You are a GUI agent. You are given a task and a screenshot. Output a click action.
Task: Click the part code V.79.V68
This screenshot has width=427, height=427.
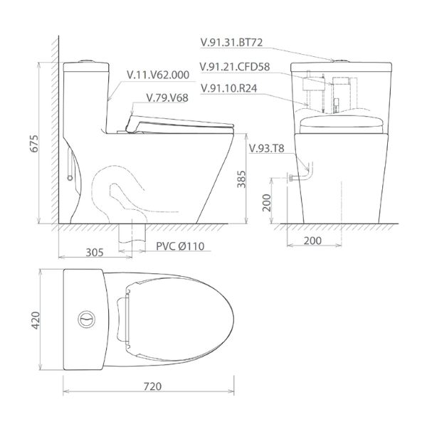[x=167, y=97]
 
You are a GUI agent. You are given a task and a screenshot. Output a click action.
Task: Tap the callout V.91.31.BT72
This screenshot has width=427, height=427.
[x=231, y=43]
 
